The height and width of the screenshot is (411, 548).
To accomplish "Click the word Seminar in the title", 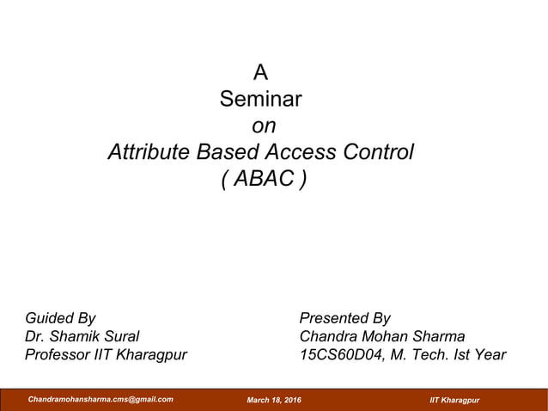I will [x=260, y=99].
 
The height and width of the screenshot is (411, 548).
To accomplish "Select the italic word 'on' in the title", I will [x=264, y=126].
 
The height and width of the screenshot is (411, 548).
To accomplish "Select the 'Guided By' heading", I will [x=60, y=318].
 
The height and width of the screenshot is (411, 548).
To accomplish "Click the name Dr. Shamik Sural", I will [x=82, y=336].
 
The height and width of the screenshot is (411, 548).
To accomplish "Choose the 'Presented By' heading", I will [x=344, y=318].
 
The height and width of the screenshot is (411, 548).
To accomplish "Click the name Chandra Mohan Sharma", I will [x=381, y=336].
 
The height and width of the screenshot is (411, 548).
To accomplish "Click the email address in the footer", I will [x=100, y=400].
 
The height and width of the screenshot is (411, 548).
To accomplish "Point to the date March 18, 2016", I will [x=274, y=401].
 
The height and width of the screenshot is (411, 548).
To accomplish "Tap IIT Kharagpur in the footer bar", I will [x=454, y=401].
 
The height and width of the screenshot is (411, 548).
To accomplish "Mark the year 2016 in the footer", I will [x=292, y=401].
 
